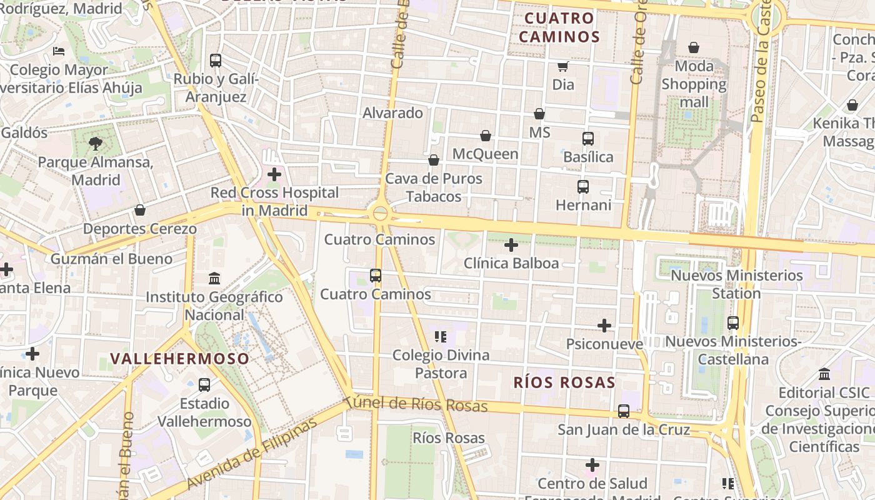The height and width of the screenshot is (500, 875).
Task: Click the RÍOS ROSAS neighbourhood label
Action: [x=564, y=382]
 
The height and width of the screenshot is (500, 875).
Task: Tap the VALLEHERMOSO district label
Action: [x=180, y=359]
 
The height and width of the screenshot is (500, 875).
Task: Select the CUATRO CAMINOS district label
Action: [x=559, y=27]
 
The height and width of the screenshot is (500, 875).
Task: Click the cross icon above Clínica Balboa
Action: [x=511, y=245]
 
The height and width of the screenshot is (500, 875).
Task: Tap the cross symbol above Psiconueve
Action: [x=604, y=326]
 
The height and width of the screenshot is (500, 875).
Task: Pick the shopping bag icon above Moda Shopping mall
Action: [x=694, y=47]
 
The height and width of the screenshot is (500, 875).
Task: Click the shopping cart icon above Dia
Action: [x=563, y=66]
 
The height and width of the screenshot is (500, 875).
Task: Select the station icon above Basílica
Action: [x=588, y=139]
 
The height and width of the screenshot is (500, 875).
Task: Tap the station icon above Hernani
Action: [x=583, y=187]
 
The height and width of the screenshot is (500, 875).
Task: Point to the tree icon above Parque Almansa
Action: [x=96, y=144]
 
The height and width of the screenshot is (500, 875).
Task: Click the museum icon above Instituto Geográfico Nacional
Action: [x=214, y=278]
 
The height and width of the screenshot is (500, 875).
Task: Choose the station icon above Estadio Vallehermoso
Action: [x=204, y=385]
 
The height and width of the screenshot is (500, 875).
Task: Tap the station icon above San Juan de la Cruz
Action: [x=624, y=411]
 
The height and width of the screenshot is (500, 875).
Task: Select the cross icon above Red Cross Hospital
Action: [x=274, y=174]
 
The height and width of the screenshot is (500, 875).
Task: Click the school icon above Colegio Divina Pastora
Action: [x=441, y=337]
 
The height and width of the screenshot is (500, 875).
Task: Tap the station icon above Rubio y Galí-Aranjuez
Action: [x=216, y=61]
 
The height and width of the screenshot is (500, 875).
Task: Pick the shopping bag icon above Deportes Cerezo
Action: [x=140, y=210]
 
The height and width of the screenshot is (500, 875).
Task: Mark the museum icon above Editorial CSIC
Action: [x=824, y=374]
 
